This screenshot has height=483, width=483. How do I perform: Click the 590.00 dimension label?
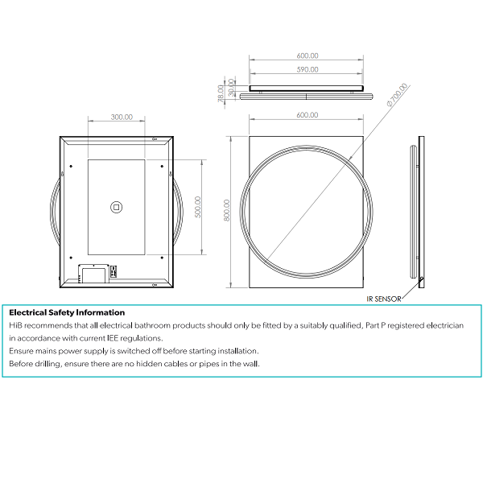tap(308, 69)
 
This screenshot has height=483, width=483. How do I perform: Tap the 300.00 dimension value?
tap(122, 117)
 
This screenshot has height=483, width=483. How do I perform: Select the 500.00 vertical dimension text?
tap(198, 207)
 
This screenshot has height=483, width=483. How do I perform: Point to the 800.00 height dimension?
tap(227, 210)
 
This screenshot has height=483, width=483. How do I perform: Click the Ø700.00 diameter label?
tap(397, 95)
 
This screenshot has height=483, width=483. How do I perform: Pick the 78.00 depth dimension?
tap(221, 93)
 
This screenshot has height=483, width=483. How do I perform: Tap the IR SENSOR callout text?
tap(384, 299)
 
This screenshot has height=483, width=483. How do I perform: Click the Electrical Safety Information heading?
tap(67, 312)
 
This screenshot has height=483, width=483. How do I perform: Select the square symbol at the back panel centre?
tap(116, 208)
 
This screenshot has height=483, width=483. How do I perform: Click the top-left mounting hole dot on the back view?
tap(71, 167)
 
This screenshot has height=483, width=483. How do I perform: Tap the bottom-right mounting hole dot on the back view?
tap(162, 258)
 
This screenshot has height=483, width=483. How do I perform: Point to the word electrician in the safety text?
tap(445, 325)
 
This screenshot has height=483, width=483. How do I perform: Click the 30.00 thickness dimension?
tap(231, 87)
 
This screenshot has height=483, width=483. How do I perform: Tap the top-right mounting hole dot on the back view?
tap(162, 167)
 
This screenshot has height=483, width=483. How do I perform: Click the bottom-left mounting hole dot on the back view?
tap(71, 258)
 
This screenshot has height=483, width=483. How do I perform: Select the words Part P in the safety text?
tap(375, 325)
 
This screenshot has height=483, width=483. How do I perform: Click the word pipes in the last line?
tap(208, 364)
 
